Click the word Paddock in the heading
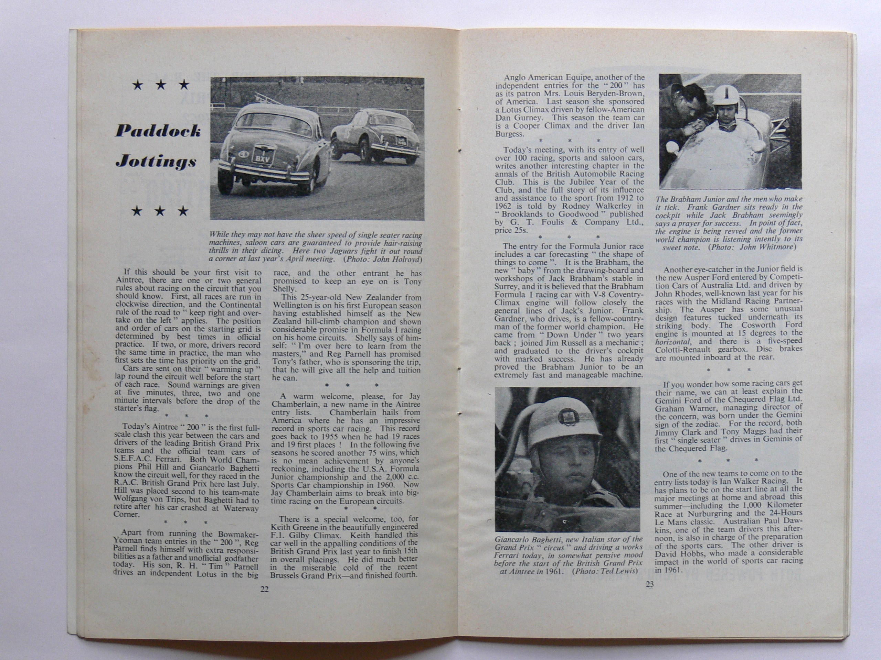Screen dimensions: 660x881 click(158, 131)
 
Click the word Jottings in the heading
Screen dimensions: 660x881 click(156, 162)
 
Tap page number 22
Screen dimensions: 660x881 click(264, 590)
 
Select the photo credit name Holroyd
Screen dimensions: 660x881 click(406, 260)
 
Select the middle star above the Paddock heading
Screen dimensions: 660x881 click(160, 85)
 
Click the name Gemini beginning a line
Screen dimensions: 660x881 click(669, 399)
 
